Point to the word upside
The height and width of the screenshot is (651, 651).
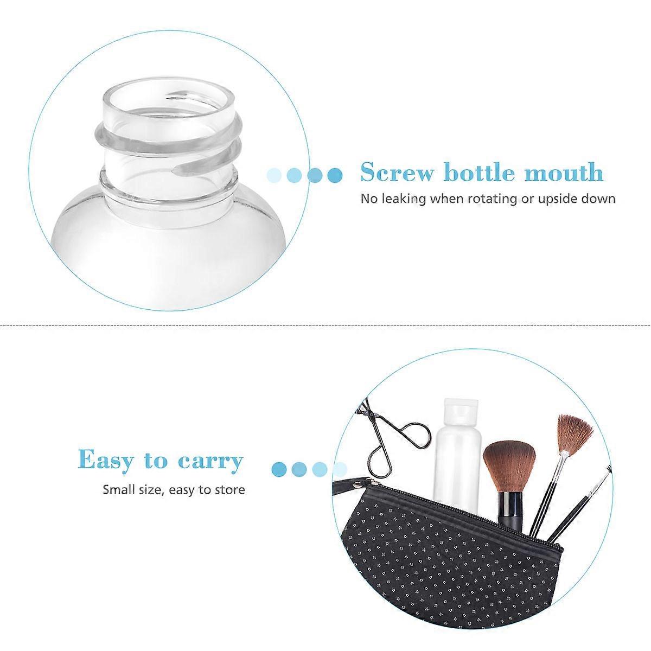(561, 199)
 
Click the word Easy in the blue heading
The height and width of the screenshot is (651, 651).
(106, 460)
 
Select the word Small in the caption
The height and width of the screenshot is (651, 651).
(118, 490)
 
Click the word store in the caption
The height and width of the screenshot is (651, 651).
(231, 490)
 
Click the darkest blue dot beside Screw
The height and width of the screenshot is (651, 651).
(336, 175)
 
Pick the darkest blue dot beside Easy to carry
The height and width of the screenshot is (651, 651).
(279, 469)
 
